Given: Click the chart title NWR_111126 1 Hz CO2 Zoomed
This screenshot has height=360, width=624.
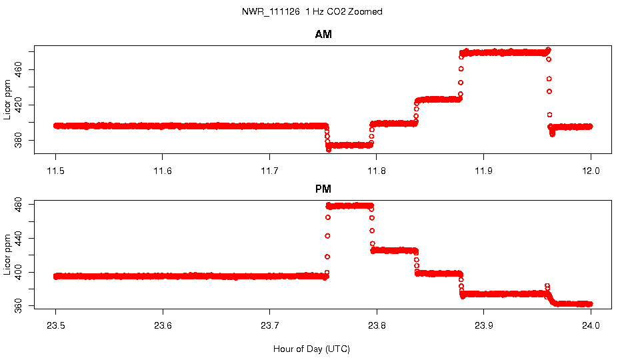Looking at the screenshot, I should pos(312,12).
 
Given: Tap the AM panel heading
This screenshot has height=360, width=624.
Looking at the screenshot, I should pos(323,35).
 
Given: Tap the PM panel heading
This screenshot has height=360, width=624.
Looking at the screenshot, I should pos(323,189).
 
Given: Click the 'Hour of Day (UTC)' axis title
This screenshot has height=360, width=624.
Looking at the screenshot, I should pos(311,349).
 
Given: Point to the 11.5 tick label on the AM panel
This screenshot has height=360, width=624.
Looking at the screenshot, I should pos(56,170).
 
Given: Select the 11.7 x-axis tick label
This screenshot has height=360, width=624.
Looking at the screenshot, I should pos(269,170).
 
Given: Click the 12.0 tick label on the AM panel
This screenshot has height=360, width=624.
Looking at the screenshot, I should pos(591,170).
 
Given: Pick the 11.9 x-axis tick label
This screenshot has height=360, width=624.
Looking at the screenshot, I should pos(484,170).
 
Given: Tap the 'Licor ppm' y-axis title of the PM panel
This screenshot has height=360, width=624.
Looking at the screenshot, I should pos(7,254).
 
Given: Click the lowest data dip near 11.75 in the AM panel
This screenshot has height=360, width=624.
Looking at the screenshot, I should pos(329,149).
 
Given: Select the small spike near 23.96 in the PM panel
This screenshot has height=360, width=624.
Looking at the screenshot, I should pos(547,286).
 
